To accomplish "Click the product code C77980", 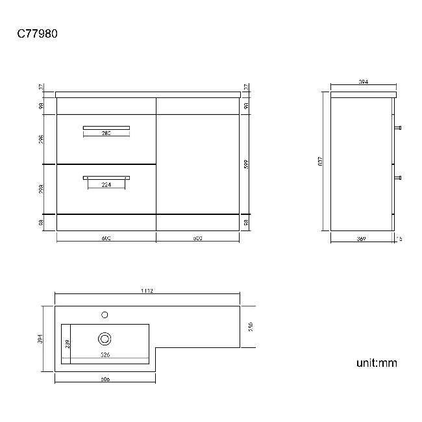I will click(37, 34).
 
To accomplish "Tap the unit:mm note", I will click(376, 362).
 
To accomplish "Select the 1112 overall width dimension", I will click(146, 292).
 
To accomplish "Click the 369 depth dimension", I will click(362, 239).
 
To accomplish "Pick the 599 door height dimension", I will click(245, 165).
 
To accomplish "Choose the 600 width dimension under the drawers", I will click(106, 238).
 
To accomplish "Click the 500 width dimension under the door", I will click(197, 238).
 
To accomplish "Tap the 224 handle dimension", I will click(106, 184).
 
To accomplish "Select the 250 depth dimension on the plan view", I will click(249, 326).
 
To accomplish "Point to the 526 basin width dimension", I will click(105, 355).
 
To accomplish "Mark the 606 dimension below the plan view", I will click(105, 379).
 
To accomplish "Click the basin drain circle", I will click(105, 338).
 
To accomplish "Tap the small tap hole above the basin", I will click(105, 315).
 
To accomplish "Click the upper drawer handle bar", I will click(106, 127).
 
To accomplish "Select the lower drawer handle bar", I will click(106, 177).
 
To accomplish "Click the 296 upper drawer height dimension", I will click(41, 139).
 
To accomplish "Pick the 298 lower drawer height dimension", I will click(41, 189).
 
